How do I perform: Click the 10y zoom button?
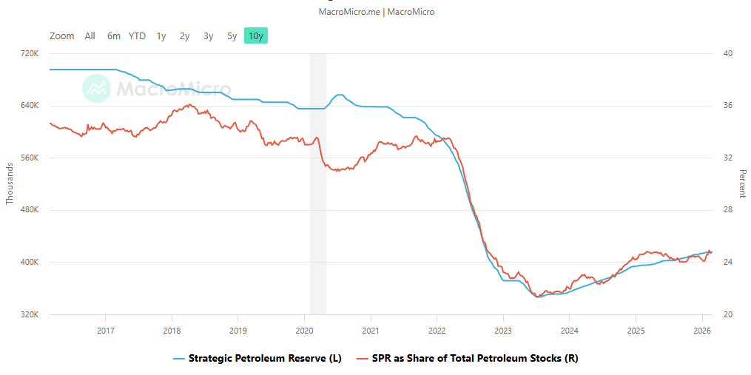point(255,36)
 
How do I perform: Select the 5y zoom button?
point(232,36)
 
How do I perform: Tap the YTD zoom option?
point(137,36)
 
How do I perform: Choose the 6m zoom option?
point(113,36)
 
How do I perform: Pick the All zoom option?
point(90,36)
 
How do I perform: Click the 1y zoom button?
point(161,36)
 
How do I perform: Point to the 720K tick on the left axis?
point(29,54)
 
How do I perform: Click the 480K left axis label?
point(29,210)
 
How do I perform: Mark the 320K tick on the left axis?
point(29,314)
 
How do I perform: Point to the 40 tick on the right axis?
point(728,54)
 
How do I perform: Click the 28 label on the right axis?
point(728,210)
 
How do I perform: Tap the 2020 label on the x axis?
point(305,331)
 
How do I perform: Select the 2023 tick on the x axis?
point(503,331)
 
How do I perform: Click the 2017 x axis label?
point(106,331)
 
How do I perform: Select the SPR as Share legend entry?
point(474,359)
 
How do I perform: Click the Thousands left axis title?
point(10,184)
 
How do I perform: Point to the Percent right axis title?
point(742,184)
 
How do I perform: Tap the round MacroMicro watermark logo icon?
point(96,89)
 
